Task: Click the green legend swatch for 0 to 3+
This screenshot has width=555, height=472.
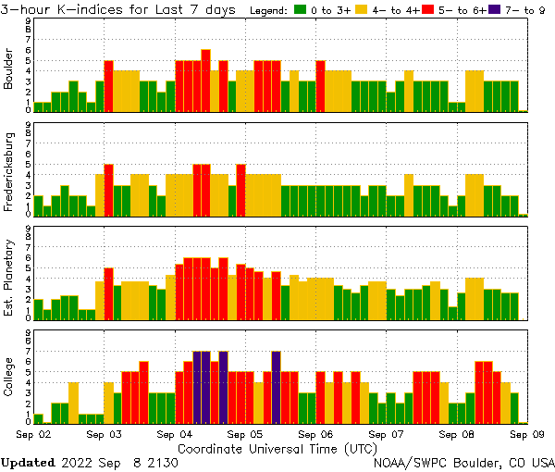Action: tap(300, 10)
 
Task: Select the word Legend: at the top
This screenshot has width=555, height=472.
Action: tap(270, 10)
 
